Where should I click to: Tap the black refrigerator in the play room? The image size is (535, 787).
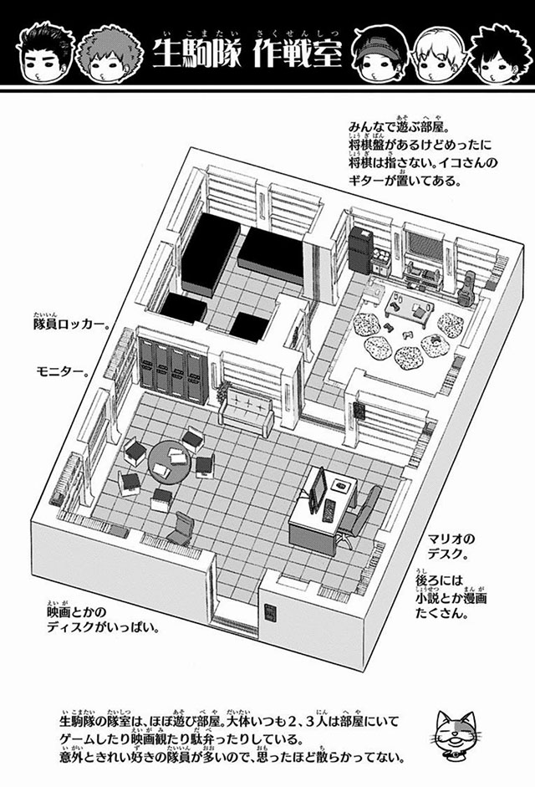pyautogui.click(x=359, y=249)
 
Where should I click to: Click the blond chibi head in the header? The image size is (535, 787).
pyautogui.click(x=436, y=56)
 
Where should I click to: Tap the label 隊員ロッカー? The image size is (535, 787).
pyautogui.click(x=71, y=325)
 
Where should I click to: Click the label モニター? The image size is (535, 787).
pyautogui.click(x=61, y=373)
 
